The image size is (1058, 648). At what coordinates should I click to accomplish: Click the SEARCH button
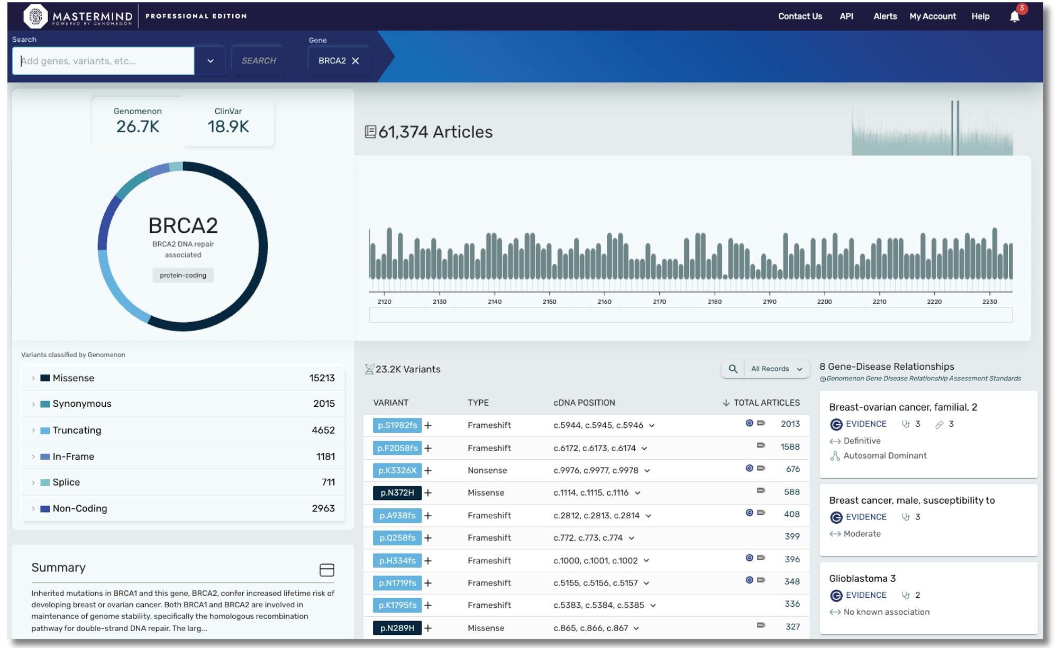click(258, 61)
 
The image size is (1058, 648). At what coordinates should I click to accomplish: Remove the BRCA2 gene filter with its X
click(356, 61)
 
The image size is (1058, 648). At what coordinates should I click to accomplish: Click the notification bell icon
click(1014, 16)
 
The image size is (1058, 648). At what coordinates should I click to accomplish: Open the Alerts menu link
click(884, 16)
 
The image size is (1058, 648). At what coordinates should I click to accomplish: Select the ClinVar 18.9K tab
click(228, 121)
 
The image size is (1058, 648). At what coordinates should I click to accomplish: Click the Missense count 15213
click(322, 378)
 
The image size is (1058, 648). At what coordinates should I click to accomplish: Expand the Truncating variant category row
click(33, 431)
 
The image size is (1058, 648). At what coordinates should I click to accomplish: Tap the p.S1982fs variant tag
click(397, 425)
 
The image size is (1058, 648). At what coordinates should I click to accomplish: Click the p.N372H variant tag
click(397, 493)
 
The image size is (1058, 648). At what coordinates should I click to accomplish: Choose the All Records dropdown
click(776, 369)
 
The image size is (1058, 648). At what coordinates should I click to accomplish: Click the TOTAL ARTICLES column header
click(765, 403)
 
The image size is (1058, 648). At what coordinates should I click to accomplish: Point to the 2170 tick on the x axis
click(659, 301)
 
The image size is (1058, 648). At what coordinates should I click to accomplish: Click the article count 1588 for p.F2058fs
click(790, 447)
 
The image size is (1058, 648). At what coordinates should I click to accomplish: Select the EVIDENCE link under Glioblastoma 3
click(865, 595)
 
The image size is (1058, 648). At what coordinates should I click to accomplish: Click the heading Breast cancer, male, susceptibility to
click(911, 500)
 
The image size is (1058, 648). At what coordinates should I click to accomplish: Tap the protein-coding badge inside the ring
click(183, 275)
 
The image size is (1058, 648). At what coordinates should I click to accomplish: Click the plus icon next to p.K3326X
click(428, 471)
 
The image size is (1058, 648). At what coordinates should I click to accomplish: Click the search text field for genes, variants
click(104, 61)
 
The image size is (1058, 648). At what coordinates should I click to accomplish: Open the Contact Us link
click(800, 16)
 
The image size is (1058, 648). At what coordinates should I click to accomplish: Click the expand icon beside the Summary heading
click(327, 570)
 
